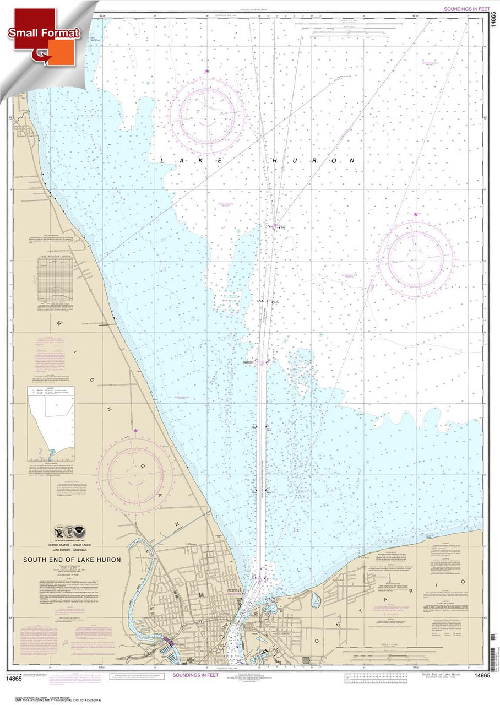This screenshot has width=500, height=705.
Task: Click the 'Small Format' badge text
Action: click(x=44, y=33)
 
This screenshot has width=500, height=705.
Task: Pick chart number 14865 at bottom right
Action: click(x=482, y=676)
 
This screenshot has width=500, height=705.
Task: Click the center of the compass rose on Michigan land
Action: click(x=136, y=475)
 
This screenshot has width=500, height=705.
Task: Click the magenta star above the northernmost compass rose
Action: click(x=207, y=72)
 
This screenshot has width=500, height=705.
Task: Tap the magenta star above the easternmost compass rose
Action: click(x=416, y=214)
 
